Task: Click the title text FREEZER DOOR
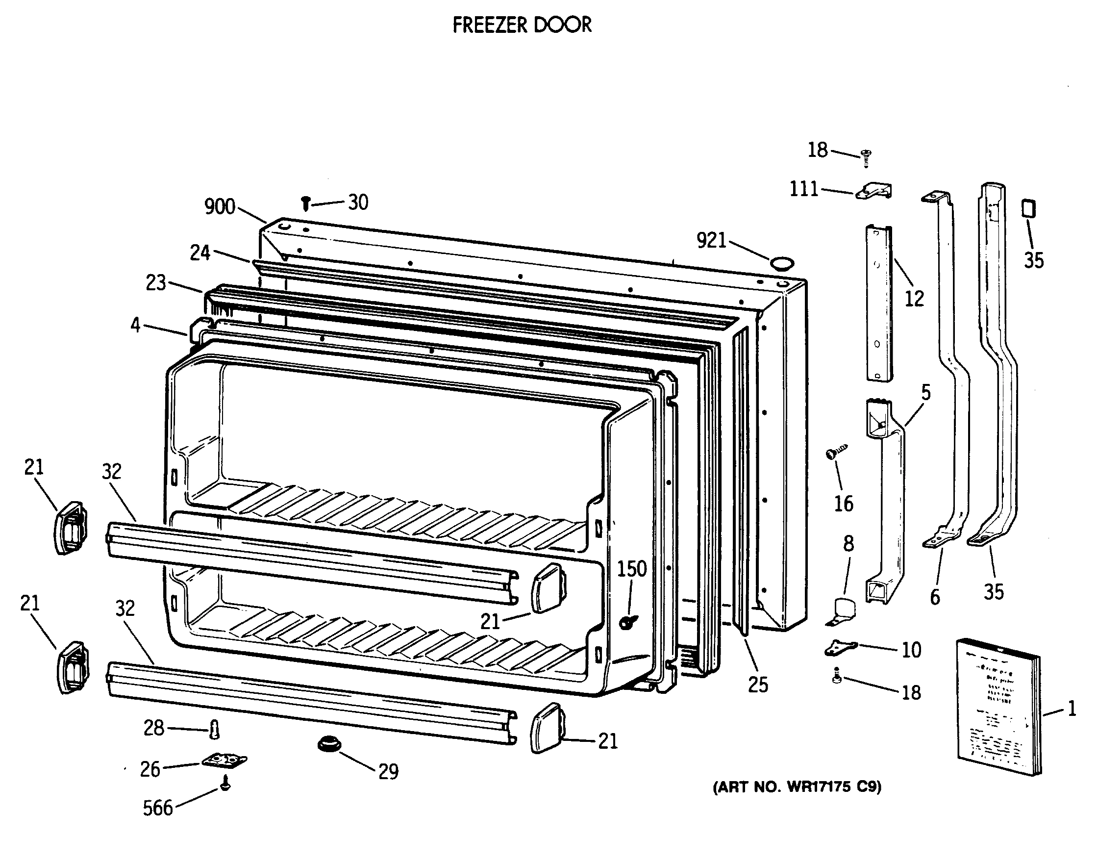522,25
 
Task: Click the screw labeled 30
305,203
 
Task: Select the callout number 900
220,206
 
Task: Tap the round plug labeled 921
781,263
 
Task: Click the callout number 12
914,299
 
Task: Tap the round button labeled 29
329,744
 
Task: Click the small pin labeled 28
215,730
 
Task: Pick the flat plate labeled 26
224,761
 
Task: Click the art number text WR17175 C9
797,787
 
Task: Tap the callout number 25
758,685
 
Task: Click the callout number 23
155,283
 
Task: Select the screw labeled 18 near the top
866,157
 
